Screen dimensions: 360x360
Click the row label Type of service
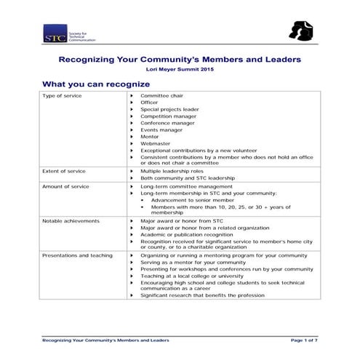pyautogui.click(x=62, y=96)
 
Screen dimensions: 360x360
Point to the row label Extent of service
pyautogui.click(x=64, y=171)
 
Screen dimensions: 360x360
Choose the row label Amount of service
pyautogui.click(x=65, y=186)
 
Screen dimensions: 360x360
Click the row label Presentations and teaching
pyautogui.click(x=77, y=256)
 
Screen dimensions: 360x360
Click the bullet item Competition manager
pyautogui.click(x=168, y=116)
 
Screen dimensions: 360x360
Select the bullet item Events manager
pyautogui.click(x=161, y=130)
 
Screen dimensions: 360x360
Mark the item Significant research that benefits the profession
pyautogui.click(x=202, y=296)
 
